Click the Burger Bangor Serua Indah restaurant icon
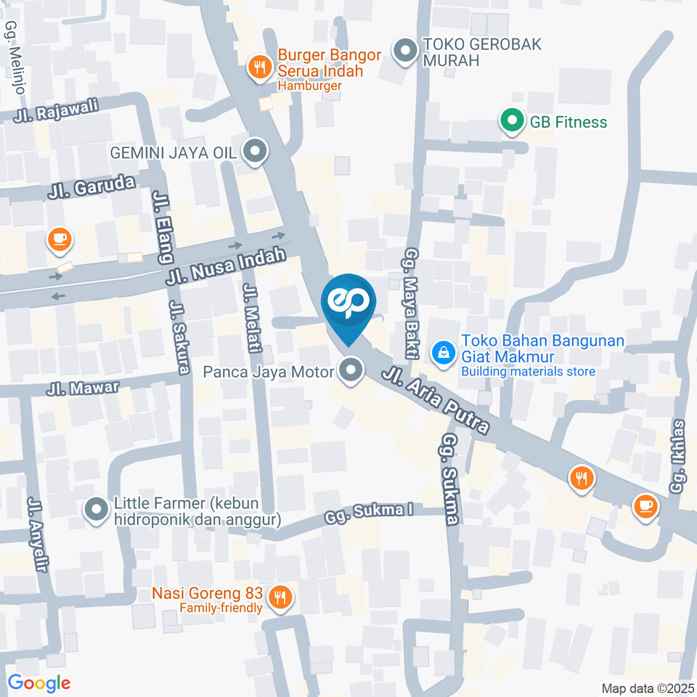[x=259, y=68]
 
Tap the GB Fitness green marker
[x=512, y=121]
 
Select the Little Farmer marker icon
[x=96, y=510]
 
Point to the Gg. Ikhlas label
[x=679, y=456]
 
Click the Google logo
[x=38, y=682]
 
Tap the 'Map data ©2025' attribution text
[x=646, y=688]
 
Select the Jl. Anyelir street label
[x=36, y=534]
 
